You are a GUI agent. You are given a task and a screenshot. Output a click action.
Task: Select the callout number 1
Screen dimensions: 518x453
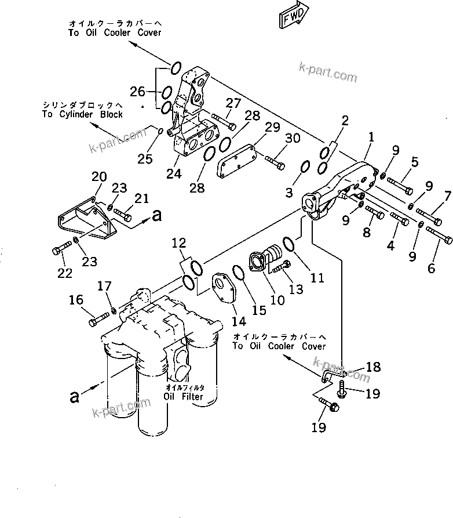click(371, 138)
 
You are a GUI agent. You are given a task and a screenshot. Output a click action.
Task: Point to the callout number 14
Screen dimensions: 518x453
click(238, 321)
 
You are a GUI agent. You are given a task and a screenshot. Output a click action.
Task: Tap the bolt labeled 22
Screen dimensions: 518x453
click(59, 250)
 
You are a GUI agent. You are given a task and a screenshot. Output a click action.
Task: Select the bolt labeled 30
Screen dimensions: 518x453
click(275, 162)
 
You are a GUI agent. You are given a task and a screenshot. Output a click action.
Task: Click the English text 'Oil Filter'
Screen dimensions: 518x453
click(183, 397)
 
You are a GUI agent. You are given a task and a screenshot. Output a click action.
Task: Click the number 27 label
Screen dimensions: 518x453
click(233, 103)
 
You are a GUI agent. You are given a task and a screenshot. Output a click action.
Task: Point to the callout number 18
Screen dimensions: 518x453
click(374, 366)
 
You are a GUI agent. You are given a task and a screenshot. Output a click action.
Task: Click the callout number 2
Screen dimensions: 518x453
click(345, 121)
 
